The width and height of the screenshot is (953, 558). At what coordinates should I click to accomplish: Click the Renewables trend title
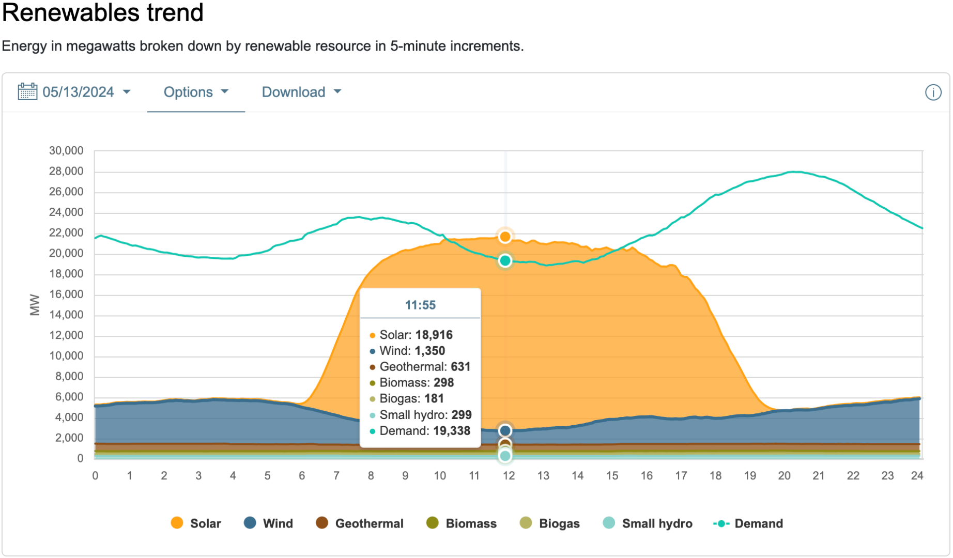click(103, 12)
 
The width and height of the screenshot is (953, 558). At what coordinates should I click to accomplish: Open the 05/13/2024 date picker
click(78, 92)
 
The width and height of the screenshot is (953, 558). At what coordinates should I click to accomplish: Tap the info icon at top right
click(933, 92)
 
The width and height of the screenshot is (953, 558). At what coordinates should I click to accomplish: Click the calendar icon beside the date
click(27, 91)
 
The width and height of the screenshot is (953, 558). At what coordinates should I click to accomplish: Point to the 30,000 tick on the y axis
click(66, 151)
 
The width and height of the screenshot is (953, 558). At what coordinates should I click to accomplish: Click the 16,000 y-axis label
click(66, 295)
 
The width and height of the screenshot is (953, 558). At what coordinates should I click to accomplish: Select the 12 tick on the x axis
click(509, 476)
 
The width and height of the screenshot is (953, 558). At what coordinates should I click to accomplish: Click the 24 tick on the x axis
click(917, 476)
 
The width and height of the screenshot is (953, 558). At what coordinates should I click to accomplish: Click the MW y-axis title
click(35, 305)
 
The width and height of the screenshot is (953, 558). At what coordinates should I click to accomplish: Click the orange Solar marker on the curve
click(505, 237)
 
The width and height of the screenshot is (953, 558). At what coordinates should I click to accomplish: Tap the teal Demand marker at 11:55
click(505, 261)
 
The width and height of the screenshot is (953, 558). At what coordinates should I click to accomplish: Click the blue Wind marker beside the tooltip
click(505, 430)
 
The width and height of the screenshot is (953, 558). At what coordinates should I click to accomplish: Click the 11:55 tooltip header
click(420, 305)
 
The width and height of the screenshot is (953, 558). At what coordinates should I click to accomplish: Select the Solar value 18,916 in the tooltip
click(434, 335)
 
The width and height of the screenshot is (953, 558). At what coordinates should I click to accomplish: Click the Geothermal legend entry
click(360, 523)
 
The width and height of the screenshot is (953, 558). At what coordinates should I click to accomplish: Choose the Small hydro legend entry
click(648, 523)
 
